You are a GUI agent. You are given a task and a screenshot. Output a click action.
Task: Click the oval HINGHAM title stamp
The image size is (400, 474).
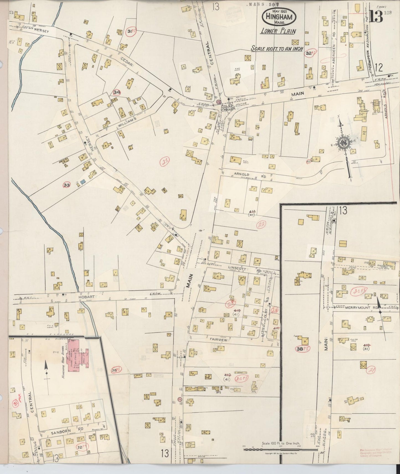coord(279,16)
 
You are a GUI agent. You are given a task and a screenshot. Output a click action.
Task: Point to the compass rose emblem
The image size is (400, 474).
coord(343,143)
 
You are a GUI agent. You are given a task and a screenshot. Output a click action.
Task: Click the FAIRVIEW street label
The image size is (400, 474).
coord(218,340)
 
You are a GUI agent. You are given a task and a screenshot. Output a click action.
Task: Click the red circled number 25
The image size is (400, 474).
coord(166,160)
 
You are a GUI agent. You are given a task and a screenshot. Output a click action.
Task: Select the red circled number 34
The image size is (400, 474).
coord(117,92)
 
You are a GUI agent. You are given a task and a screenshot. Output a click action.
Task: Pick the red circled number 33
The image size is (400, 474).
coord(66,185)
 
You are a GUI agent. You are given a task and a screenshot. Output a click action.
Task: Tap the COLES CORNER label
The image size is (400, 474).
coord(228,107)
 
